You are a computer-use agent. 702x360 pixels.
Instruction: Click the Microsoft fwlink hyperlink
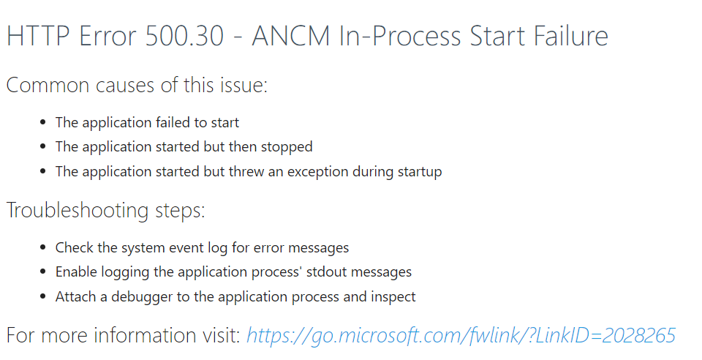pyautogui.click(x=461, y=336)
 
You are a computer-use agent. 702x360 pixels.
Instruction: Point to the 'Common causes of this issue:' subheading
pyautogui.click(x=137, y=85)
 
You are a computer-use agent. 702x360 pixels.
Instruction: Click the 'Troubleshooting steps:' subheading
pyautogui.click(x=106, y=210)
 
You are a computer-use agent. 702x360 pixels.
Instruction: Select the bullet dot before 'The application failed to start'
pyautogui.click(x=42, y=122)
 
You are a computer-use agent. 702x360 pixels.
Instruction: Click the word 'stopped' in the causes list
pyautogui.click(x=287, y=147)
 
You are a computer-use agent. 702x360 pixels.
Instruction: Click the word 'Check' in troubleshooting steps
pyautogui.click(x=75, y=247)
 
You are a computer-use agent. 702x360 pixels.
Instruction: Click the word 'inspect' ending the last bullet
pyautogui.click(x=393, y=297)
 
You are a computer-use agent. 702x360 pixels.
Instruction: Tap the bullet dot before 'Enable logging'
pyautogui.click(x=42, y=272)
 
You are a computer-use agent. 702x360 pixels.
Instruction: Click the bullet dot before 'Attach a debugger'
pyautogui.click(x=42, y=297)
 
